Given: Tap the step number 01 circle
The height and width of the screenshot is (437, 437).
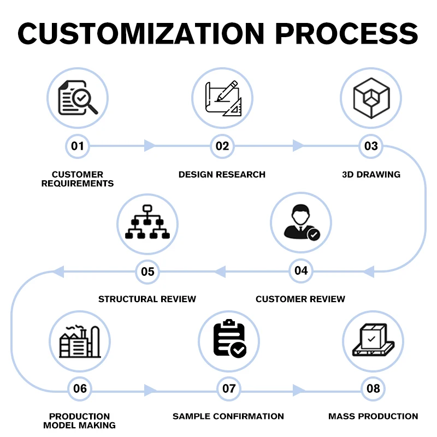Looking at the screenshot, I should [x=78, y=146].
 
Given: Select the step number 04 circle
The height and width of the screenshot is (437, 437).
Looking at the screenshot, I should [x=301, y=270].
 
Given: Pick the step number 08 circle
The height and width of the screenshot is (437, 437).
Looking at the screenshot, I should [x=373, y=389].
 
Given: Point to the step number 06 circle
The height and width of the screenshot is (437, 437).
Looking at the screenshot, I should [x=80, y=389].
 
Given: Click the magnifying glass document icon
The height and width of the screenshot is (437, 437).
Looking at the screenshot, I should [x=78, y=98].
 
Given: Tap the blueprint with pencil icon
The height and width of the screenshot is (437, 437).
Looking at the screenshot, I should [x=222, y=98].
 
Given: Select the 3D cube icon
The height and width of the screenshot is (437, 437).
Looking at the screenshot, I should [x=371, y=98].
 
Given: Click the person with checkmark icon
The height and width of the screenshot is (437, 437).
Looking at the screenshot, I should [x=301, y=223].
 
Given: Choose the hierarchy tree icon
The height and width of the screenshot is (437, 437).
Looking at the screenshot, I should [x=147, y=223].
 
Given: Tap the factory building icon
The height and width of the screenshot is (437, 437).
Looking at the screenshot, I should [x=80, y=341].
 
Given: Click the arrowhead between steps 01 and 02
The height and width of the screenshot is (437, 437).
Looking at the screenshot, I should [x=149, y=146].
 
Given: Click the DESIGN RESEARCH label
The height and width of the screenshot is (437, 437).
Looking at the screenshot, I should [x=222, y=175].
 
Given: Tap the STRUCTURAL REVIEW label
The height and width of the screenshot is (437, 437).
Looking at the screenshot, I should [x=147, y=299].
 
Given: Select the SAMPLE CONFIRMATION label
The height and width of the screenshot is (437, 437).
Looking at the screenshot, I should [x=228, y=416].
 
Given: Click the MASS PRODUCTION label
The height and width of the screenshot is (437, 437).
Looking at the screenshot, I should [x=373, y=416].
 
